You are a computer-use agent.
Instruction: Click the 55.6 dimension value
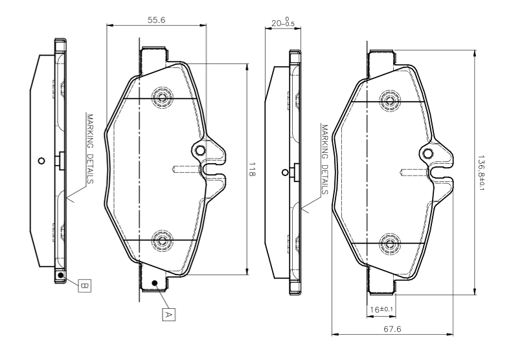click(x=156, y=20)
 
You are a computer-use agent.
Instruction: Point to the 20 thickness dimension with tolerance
click(x=282, y=22)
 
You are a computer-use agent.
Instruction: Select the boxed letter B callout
click(x=85, y=284)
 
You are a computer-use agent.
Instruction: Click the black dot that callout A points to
click(x=154, y=284)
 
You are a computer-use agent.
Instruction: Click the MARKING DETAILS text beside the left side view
click(x=91, y=148)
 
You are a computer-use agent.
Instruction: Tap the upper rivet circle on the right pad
click(x=390, y=100)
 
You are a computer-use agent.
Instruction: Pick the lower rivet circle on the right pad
click(x=390, y=243)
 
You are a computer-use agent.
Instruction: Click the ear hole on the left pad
click(x=201, y=151)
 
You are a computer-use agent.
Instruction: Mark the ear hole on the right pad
click(x=429, y=153)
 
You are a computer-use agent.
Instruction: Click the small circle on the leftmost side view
click(x=41, y=161)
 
